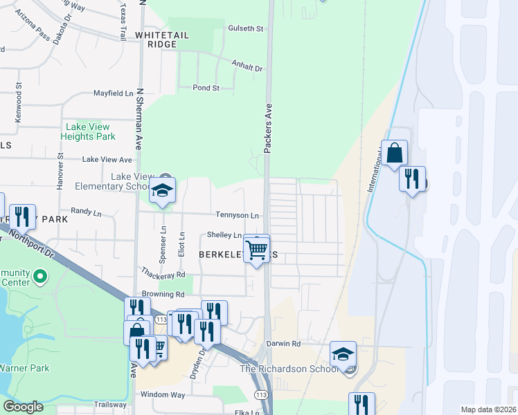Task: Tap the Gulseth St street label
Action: pyautogui.click(x=246, y=29)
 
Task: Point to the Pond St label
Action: pyautogui.click(x=206, y=88)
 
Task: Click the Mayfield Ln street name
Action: pyautogui.click(x=114, y=93)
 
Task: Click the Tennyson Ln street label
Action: pyautogui.click(x=237, y=215)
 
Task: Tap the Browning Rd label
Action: pyautogui.click(x=143, y=294)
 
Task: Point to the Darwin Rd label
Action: pyautogui.click(x=283, y=343)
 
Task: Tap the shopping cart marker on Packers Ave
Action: pyautogui.click(x=257, y=248)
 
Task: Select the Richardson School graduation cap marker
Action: pyautogui.click(x=342, y=355)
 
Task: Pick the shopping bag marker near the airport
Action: pyautogui.click(x=394, y=154)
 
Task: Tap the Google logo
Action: pyautogui.click(x=23, y=407)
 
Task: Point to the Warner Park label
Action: pyautogui.click(x=25, y=368)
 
